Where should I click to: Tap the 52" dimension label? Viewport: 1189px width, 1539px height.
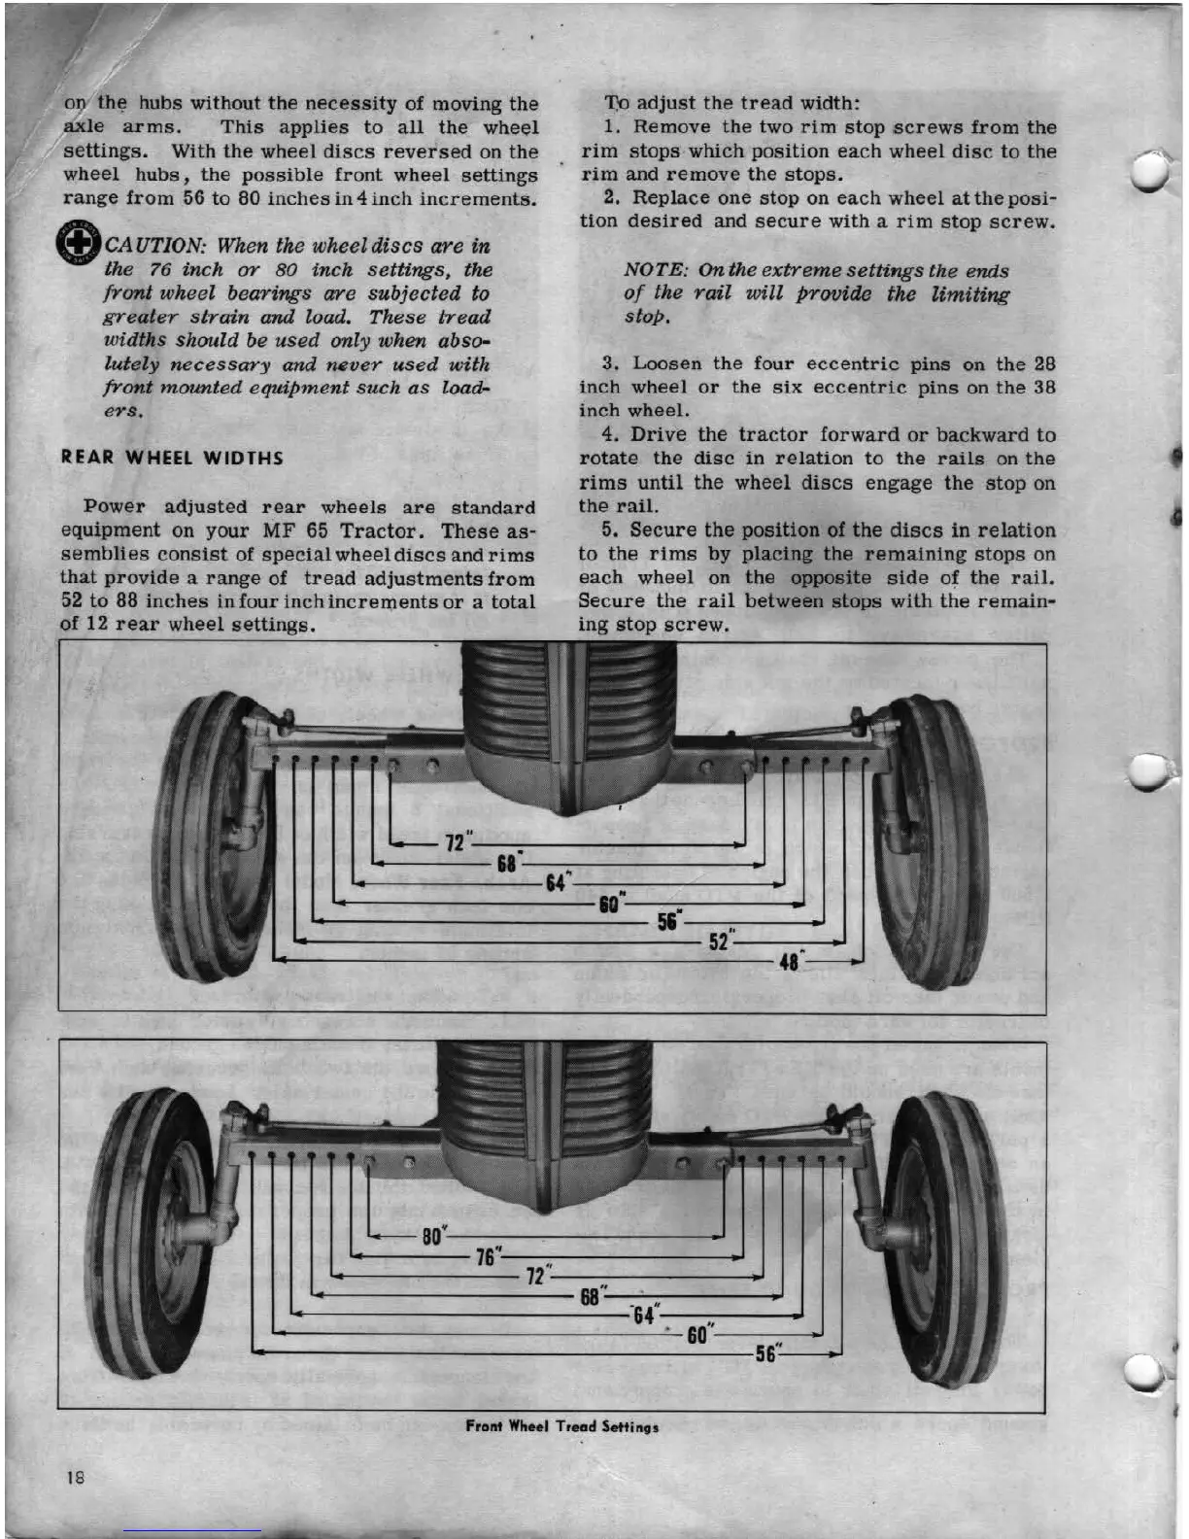(721, 940)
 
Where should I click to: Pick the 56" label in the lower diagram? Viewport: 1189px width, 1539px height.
(767, 1353)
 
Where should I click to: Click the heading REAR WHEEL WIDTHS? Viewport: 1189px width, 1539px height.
(172, 458)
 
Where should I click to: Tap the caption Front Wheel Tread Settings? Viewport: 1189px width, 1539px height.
(561, 1426)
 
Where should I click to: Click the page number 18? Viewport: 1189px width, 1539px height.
(75, 1478)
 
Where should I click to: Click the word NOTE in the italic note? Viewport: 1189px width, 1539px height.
(656, 270)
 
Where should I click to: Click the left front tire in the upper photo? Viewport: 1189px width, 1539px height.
(204, 836)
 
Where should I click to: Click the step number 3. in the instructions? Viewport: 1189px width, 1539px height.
(610, 363)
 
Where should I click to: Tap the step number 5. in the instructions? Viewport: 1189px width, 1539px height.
(610, 530)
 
